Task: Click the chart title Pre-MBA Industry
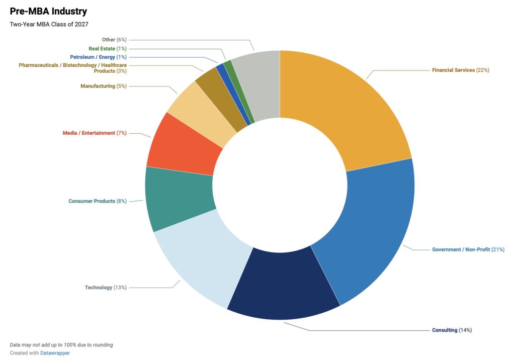[48, 11]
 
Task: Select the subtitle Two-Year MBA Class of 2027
[49, 24]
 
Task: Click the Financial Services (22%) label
[460, 70]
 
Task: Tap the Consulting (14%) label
[452, 330]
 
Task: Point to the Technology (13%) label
[106, 288]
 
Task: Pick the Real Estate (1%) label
[107, 49]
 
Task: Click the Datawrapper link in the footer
[55, 353]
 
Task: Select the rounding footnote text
[61, 345]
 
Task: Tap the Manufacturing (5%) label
[103, 86]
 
